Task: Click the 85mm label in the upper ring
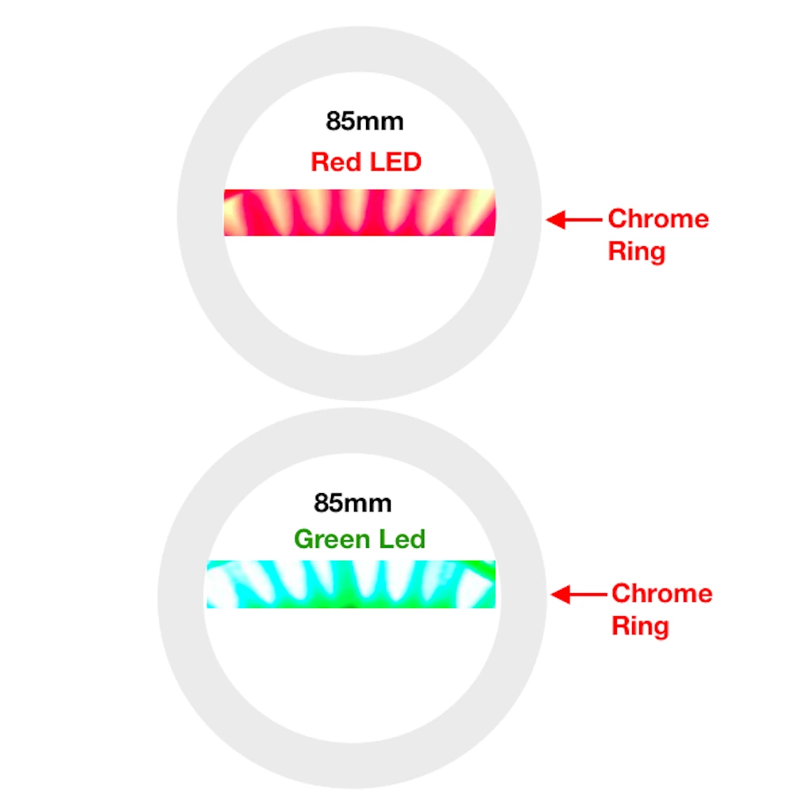click(x=364, y=121)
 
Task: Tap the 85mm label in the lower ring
click(x=353, y=503)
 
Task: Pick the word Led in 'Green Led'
click(x=401, y=539)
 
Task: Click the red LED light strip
click(x=360, y=212)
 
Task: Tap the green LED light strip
click(x=351, y=584)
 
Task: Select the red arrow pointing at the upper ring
click(x=573, y=219)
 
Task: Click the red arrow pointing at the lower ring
click(x=577, y=594)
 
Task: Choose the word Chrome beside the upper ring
click(x=658, y=218)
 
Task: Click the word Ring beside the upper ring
click(x=636, y=252)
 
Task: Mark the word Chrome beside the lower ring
click(x=661, y=593)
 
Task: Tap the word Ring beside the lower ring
click(x=640, y=626)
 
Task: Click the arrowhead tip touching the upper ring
click(x=549, y=219)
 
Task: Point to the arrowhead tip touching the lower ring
click(x=553, y=594)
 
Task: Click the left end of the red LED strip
click(x=226, y=212)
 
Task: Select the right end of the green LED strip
click(x=492, y=584)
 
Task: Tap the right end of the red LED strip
click(x=493, y=212)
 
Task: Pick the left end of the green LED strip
click(x=210, y=584)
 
